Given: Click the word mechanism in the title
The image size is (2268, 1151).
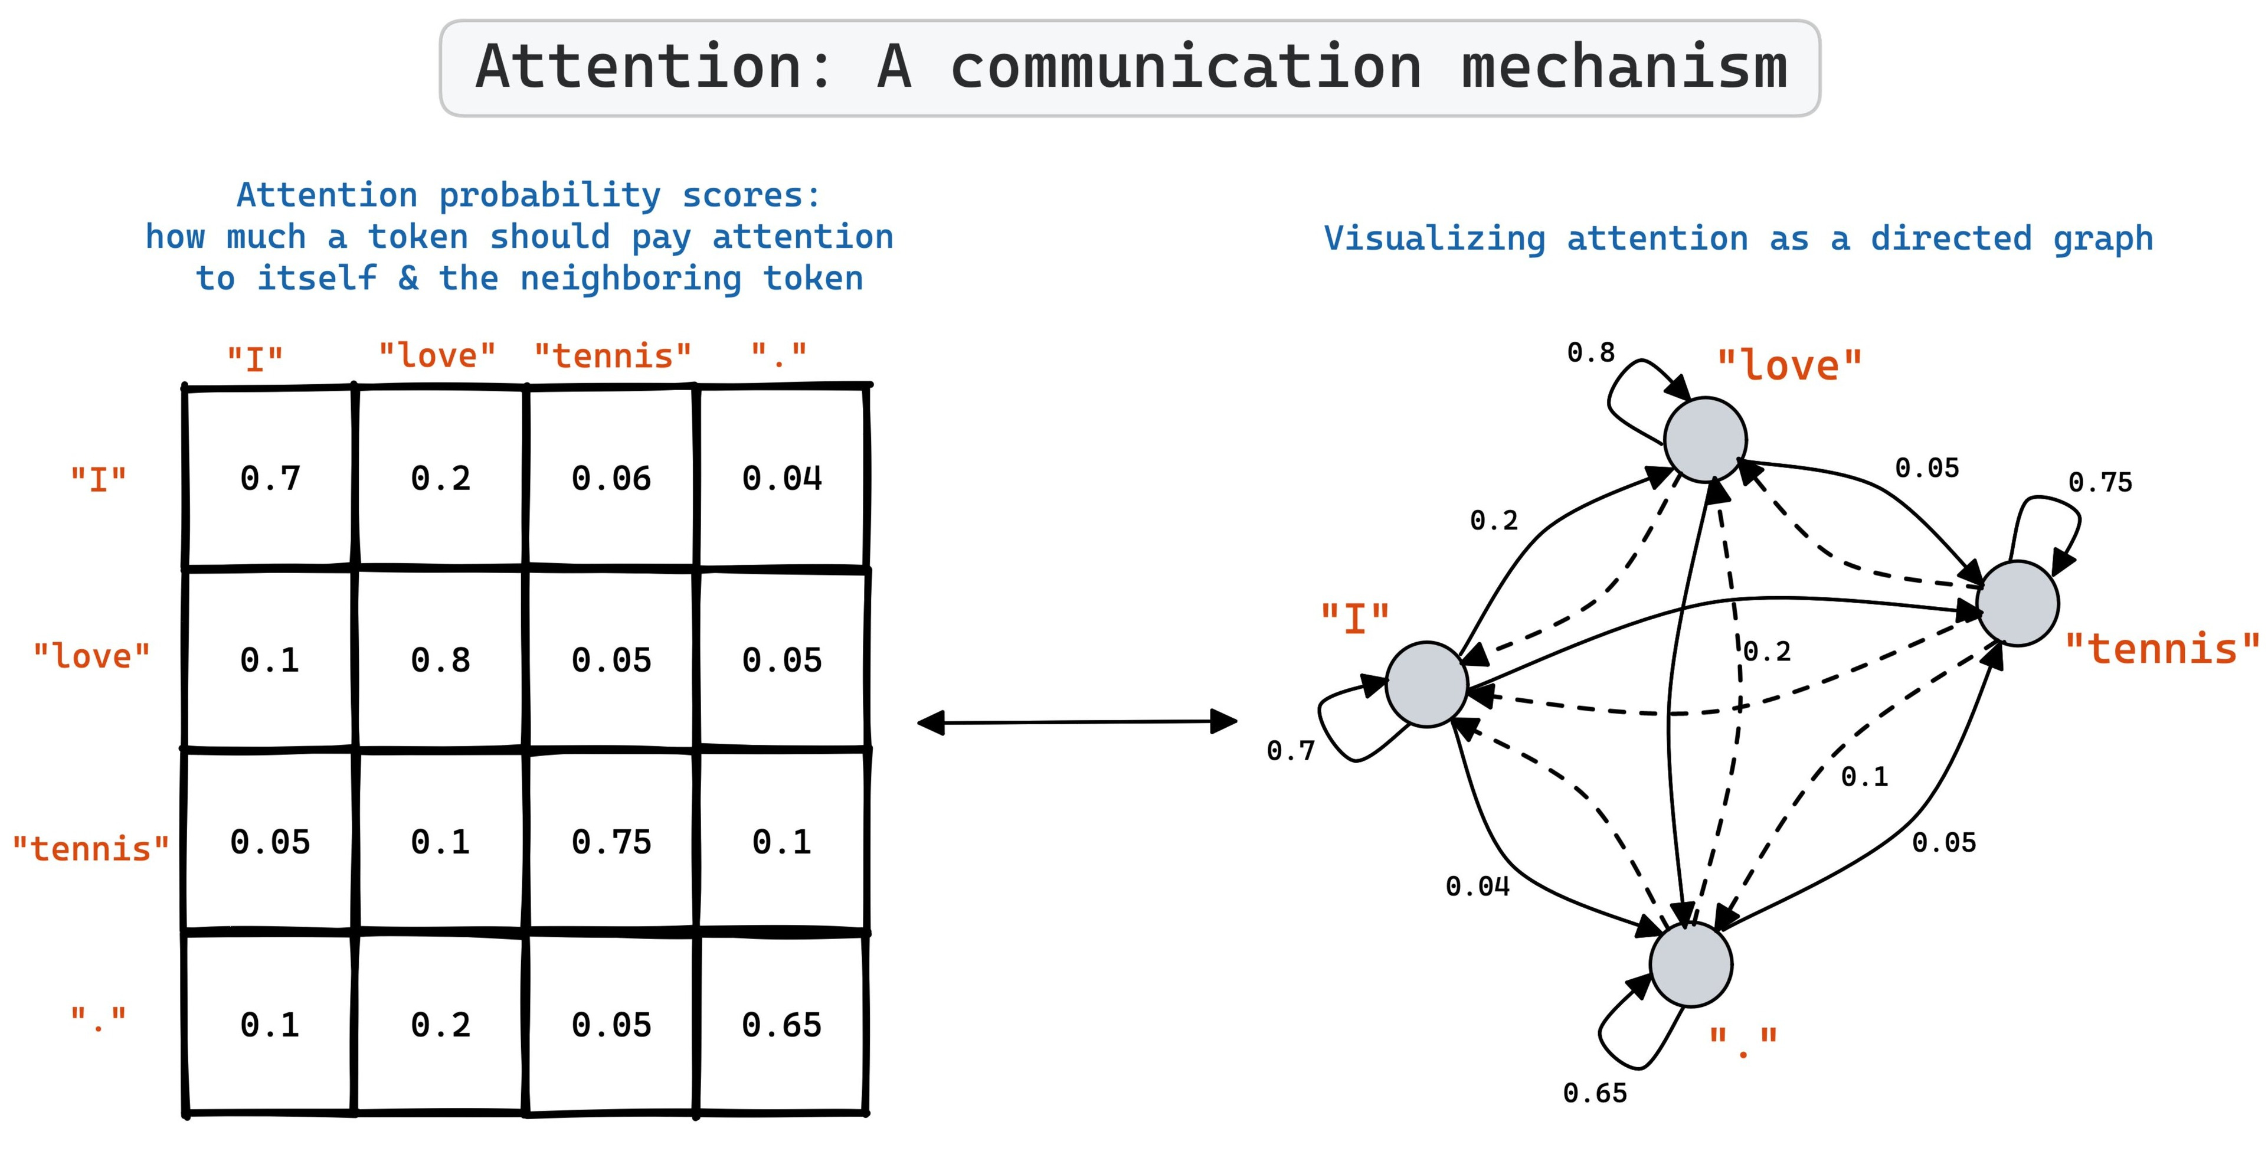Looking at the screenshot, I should coord(1624,67).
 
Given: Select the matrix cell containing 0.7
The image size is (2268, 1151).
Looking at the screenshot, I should coord(270,478).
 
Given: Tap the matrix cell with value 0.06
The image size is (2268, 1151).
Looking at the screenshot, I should coord(611,478).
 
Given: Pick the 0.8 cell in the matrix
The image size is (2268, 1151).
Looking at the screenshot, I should coord(440,659).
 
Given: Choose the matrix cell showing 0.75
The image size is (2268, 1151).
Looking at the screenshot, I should coord(611,842).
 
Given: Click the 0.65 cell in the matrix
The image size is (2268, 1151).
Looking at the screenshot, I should coord(782,1024).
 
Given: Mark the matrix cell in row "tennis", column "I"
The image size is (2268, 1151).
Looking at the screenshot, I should coord(270,842).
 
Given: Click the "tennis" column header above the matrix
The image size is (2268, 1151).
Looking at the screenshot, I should coord(613,356).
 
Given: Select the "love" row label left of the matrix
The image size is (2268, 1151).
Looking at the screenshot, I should coord(91,656).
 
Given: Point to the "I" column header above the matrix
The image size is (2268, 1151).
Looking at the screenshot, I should coord(256,358).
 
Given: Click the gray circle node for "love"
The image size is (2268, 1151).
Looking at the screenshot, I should coord(1706,439).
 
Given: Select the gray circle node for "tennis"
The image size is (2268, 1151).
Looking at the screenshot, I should coord(2017,603).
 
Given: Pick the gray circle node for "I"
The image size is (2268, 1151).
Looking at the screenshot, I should coord(1426,684).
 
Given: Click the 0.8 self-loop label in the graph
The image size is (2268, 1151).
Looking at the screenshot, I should coord(1591,352).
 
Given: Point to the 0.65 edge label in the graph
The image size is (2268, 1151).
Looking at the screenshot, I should coord(1595,1093).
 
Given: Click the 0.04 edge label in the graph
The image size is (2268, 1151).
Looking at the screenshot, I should coord(1477,886).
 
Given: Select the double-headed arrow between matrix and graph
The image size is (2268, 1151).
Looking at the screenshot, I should coord(1077,722).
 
